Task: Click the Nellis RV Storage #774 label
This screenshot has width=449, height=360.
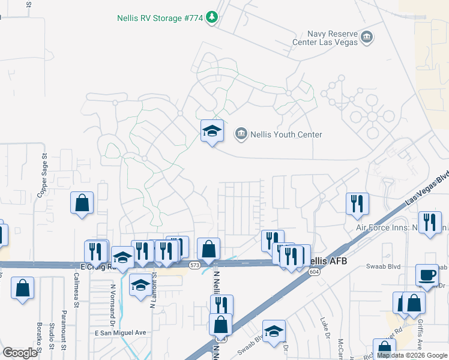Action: tap(158, 18)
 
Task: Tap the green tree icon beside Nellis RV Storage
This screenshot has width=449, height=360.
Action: tap(211, 18)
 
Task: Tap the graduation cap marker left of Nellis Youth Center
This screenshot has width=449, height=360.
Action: tap(212, 131)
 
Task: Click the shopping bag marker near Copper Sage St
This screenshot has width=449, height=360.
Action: tap(82, 203)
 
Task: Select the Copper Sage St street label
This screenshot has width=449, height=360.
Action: tap(43, 176)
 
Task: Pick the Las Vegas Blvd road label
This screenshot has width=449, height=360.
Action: tap(427, 191)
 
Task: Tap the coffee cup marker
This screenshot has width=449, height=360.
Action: tap(427, 275)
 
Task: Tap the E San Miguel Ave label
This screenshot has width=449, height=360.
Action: tap(121, 332)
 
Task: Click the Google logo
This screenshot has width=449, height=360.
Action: tap(20, 353)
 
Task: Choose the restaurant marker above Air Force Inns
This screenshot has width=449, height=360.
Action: tap(357, 203)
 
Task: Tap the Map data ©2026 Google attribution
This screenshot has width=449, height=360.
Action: tap(412, 355)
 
